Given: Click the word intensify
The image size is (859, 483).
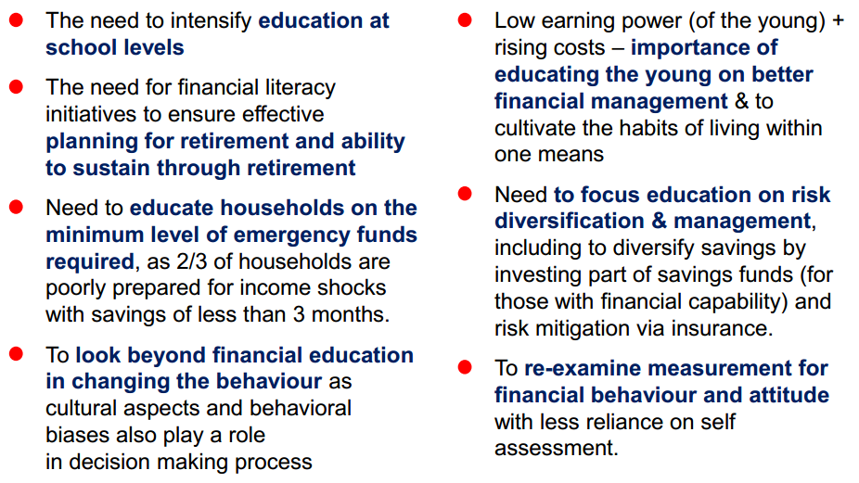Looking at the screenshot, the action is (211, 21).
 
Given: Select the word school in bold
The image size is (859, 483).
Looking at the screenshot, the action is (77, 47).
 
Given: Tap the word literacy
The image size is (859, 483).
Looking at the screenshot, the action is (301, 88).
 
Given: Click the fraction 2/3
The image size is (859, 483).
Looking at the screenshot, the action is (192, 261).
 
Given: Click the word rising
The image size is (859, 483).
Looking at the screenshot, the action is (519, 47).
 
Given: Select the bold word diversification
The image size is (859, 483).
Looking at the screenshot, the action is (570, 222).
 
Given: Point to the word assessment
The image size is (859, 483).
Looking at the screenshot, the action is (556, 449).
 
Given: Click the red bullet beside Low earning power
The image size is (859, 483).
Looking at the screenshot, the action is (465, 20).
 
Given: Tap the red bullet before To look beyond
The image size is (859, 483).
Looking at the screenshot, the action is (17, 354).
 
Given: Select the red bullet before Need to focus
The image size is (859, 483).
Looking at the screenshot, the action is (465, 194).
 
